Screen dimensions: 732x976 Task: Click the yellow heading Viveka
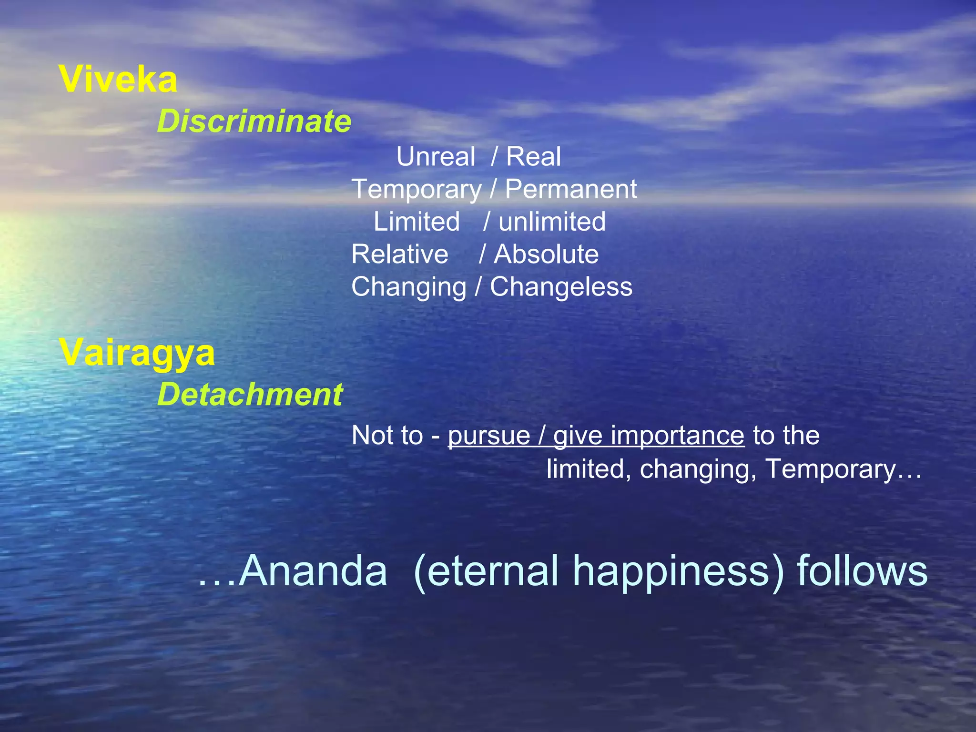tap(118, 79)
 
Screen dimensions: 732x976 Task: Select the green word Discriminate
tap(254, 121)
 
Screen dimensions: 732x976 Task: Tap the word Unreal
tap(436, 156)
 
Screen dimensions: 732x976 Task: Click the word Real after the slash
tap(533, 156)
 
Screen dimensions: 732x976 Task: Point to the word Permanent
tap(570, 189)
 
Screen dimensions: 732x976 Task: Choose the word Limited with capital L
tap(417, 222)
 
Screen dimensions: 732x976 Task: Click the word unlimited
tap(552, 222)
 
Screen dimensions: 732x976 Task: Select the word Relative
tap(400, 254)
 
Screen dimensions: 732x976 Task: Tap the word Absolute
tap(546, 254)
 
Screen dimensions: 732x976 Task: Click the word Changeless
tap(561, 287)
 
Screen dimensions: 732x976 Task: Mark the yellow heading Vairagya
tap(137, 354)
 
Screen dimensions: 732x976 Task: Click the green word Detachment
tap(250, 395)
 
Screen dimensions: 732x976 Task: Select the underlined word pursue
tap(489, 436)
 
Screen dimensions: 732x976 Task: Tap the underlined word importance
tap(677, 436)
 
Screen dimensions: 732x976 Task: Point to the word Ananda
tap(313, 570)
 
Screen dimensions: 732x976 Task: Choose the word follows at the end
tap(862, 570)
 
